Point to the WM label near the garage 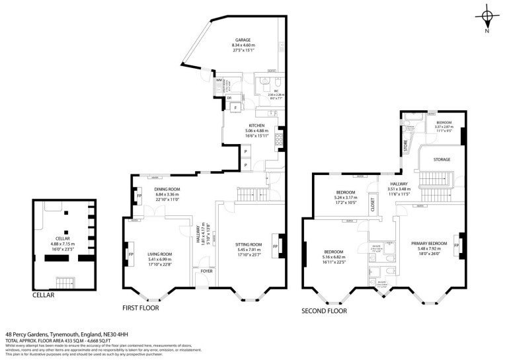219,81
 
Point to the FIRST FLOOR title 143,308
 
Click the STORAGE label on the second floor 442,159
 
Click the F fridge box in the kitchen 235,108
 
